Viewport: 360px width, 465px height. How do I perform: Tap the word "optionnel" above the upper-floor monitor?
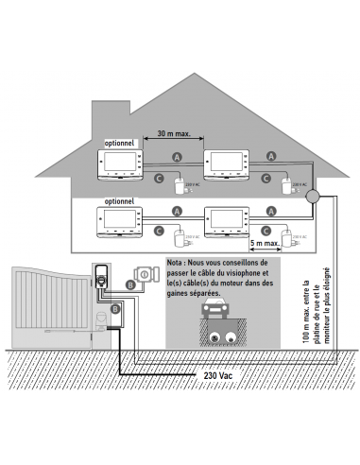122,142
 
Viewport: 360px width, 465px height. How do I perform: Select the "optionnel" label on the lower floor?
119,201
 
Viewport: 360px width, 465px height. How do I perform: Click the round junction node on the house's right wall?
313,197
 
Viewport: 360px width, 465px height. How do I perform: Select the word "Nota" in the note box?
177,262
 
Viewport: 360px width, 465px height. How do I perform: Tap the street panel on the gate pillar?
100,279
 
